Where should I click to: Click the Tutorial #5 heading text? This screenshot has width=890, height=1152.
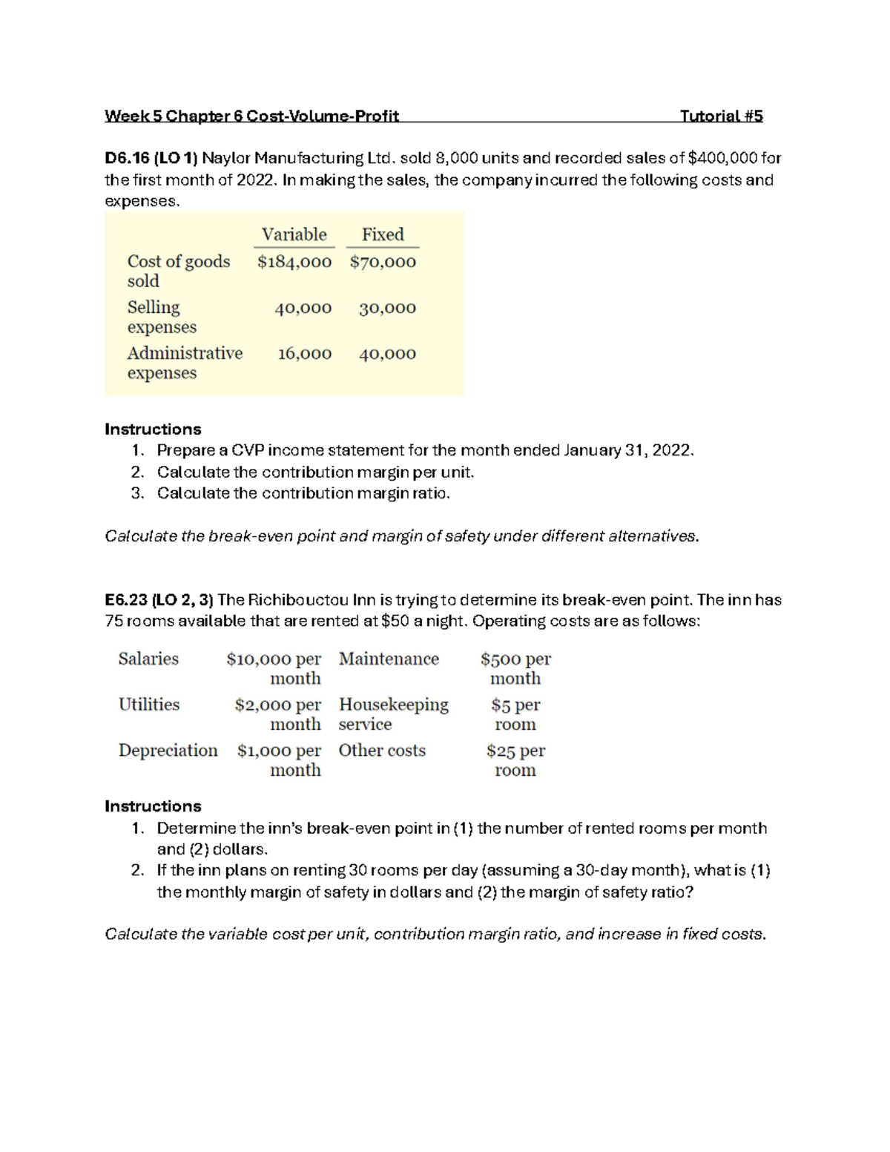click(721, 116)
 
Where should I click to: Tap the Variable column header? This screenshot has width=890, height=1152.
click(294, 234)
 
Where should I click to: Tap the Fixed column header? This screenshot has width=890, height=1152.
click(383, 234)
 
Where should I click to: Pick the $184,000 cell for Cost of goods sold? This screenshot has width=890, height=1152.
click(294, 262)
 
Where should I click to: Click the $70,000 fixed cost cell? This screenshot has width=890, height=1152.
click(383, 262)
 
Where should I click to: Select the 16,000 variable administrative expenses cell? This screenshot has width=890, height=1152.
click(304, 354)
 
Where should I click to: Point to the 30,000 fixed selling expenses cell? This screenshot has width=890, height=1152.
click(387, 308)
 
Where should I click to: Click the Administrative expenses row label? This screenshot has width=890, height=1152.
click(184, 363)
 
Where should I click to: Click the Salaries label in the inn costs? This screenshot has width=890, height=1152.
click(148, 659)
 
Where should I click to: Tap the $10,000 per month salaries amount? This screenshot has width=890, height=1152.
click(274, 668)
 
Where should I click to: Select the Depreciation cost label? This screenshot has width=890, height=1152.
click(168, 751)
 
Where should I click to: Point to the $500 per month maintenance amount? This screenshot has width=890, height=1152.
click(515, 668)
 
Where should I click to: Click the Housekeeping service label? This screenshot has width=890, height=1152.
click(393, 714)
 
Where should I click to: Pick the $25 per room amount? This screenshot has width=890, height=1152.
click(515, 760)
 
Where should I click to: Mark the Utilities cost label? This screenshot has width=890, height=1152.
click(149, 705)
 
